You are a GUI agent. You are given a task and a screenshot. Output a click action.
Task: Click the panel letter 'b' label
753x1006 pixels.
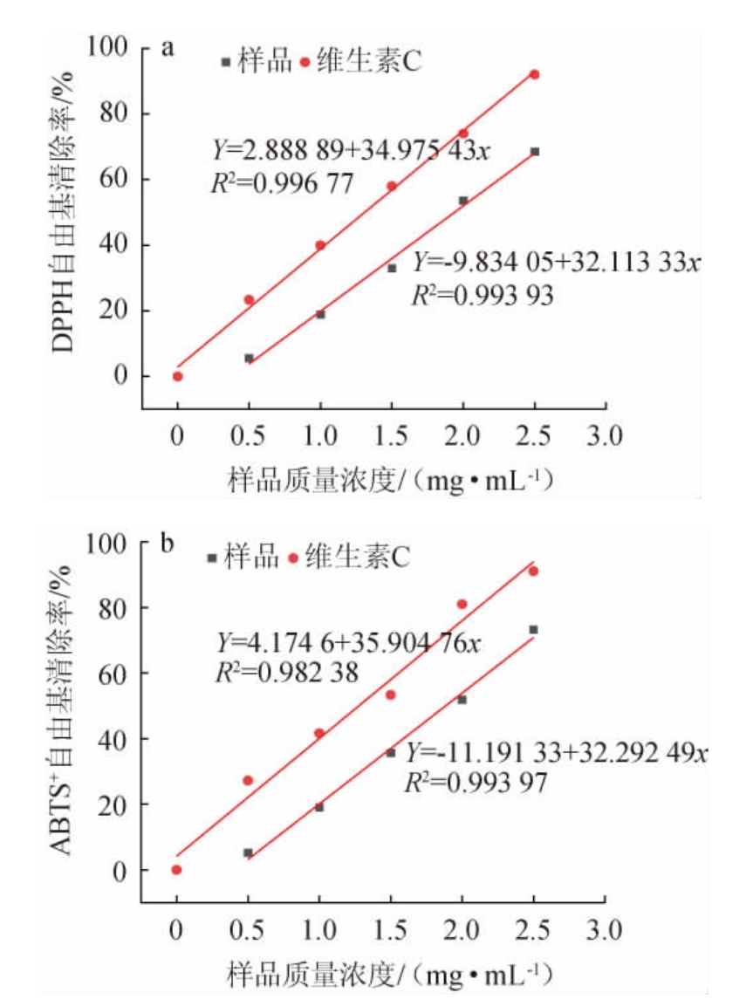pyautogui.click(x=168, y=545)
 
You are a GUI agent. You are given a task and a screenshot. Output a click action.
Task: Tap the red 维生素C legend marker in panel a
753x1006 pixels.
pyautogui.click(x=305, y=62)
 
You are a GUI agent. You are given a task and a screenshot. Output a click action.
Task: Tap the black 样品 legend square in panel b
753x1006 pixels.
pyautogui.click(x=211, y=558)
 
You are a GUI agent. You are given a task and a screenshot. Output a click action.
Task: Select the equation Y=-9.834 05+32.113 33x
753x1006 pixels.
pyautogui.click(x=557, y=262)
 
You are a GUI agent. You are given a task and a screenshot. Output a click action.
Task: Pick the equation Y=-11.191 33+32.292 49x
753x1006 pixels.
pyautogui.click(x=556, y=752)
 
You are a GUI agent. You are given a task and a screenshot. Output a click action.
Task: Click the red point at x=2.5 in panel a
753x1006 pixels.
pyautogui.click(x=534, y=74)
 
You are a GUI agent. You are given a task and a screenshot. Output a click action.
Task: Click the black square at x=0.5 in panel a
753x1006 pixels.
pyautogui.click(x=249, y=358)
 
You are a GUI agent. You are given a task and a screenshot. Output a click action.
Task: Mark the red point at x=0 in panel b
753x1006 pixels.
pyautogui.click(x=176, y=869)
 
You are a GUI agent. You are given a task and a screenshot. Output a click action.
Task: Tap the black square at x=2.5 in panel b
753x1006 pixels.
pyautogui.click(x=533, y=629)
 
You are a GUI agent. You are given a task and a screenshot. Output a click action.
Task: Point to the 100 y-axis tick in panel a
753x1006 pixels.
pyautogui.click(x=109, y=47)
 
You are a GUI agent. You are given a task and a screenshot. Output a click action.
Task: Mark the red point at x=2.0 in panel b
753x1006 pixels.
pyautogui.click(x=462, y=604)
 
